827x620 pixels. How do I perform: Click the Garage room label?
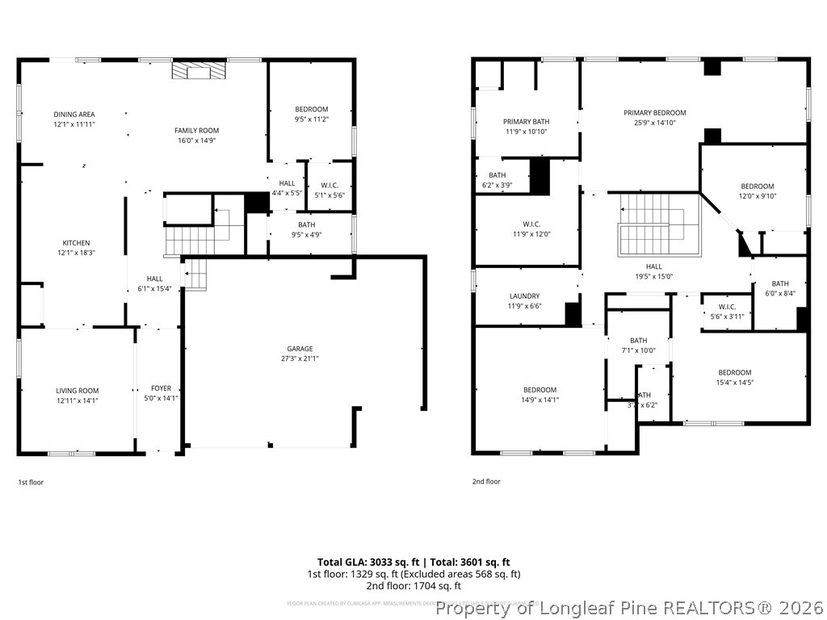pos(300,350)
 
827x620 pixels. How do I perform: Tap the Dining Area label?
pos(74,115)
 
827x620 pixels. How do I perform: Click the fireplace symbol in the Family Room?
pos(199,72)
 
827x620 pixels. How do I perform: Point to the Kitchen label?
pos(77,243)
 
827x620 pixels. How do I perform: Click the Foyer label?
pos(160,387)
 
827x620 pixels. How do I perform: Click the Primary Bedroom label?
pos(654,113)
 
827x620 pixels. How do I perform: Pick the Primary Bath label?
pos(526,121)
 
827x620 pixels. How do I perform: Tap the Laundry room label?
pos(524,296)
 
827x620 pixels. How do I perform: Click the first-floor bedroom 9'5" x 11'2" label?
pos(311,109)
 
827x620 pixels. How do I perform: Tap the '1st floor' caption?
pos(31,482)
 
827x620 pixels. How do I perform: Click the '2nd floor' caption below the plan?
pos(486,481)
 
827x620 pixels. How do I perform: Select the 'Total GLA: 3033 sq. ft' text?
pos(367,562)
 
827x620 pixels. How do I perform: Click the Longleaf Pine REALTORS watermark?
pos(629,608)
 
